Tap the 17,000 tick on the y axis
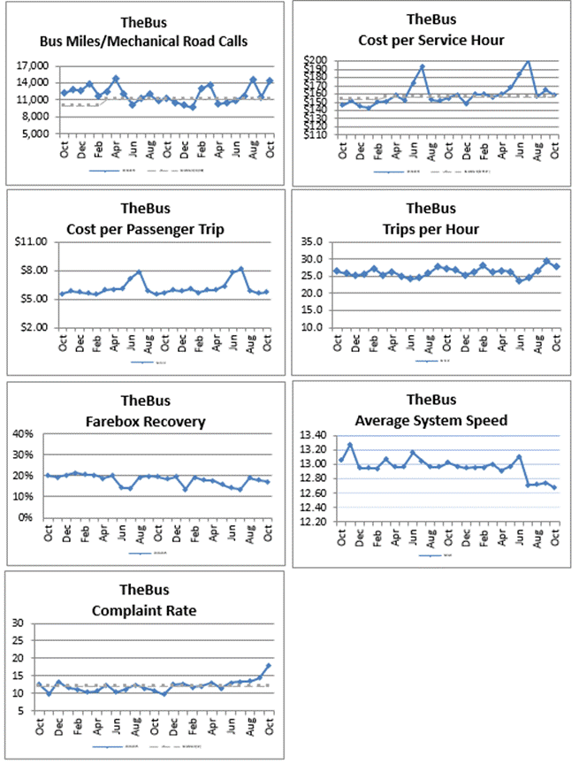(32, 65)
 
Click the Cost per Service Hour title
(431, 40)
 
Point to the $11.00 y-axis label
(34, 241)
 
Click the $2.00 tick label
(36, 327)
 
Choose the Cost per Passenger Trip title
(147, 229)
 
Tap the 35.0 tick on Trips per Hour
(315, 241)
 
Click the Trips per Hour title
(431, 229)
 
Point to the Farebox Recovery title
(147, 421)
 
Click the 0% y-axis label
(27, 518)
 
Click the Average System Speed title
(431, 420)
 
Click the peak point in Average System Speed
(350, 445)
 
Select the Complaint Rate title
(147, 610)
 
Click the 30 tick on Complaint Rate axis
(19, 624)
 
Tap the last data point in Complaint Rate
(268, 666)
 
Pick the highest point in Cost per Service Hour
(528, 61)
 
